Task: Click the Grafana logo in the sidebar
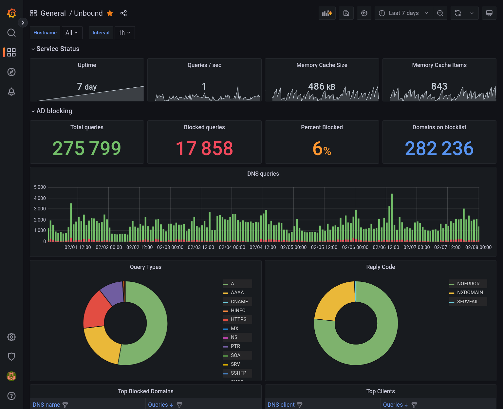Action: [11, 13]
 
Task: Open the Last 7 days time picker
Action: [403, 13]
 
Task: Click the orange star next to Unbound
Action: [110, 13]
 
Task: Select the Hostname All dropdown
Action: [72, 33]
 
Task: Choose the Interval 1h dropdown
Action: [124, 33]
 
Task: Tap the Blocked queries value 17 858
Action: [204, 148]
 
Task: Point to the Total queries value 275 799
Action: [87, 148]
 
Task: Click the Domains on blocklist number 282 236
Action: [439, 148]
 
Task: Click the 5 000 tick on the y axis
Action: [40, 187]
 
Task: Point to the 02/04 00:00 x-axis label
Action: [232, 247]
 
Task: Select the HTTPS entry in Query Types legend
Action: [238, 319]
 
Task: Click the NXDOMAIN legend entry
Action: [470, 293]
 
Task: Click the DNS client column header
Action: [281, 405]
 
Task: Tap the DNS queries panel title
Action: [263, 174]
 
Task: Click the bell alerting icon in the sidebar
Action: [11, 92]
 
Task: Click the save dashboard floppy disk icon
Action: [346, 13]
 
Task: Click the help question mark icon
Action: [11, 396]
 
